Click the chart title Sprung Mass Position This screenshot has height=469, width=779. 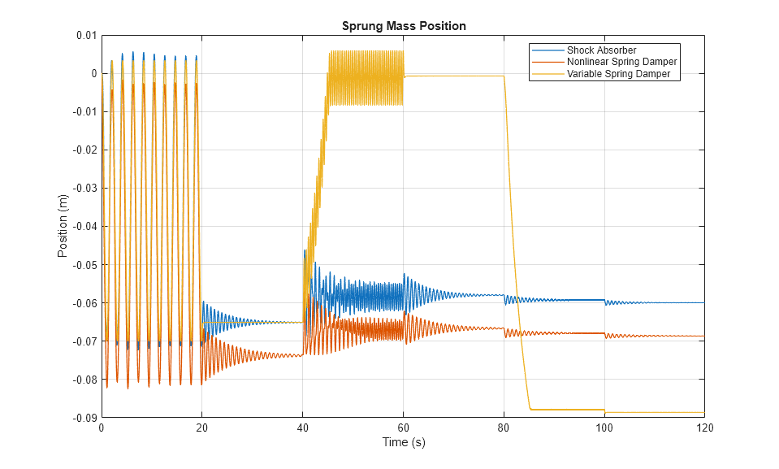[403, 26]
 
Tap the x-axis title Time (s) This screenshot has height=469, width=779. [403, 443]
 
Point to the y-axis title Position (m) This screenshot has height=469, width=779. [63, 227]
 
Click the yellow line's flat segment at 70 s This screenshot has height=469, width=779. [453, 76]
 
